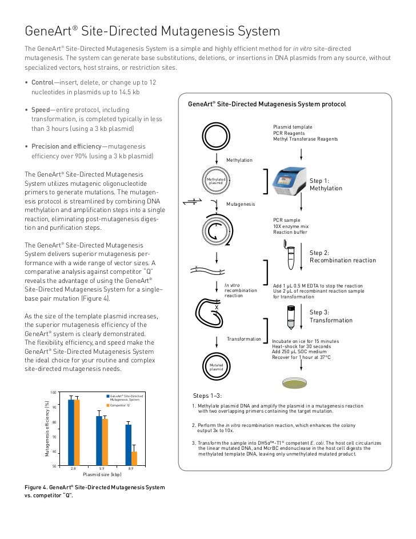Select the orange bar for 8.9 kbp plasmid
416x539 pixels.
click(x=134, y=459)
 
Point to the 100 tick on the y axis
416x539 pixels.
click(x=53, y=392)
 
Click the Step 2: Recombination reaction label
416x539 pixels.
click(x=342, y=257)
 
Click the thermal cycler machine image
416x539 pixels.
click(x=289, y=182)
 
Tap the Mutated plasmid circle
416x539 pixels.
click(x=216, y=368)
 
